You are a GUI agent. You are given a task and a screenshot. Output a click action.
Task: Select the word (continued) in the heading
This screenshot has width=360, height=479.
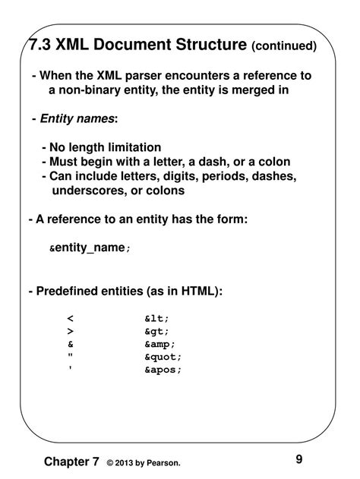[x=284, y=47]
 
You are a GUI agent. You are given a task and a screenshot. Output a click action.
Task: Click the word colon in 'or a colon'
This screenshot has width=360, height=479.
[x=274, y=162]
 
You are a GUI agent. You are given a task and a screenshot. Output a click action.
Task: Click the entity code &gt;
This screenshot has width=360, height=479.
[x=156, y=332]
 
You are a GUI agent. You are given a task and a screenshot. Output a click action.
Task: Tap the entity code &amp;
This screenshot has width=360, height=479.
[x=159, y=345]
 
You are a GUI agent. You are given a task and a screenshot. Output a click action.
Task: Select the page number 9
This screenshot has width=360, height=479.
[x=299, y=459]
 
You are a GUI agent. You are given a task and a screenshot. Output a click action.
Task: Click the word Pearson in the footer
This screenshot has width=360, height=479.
[x=162, y=463]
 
